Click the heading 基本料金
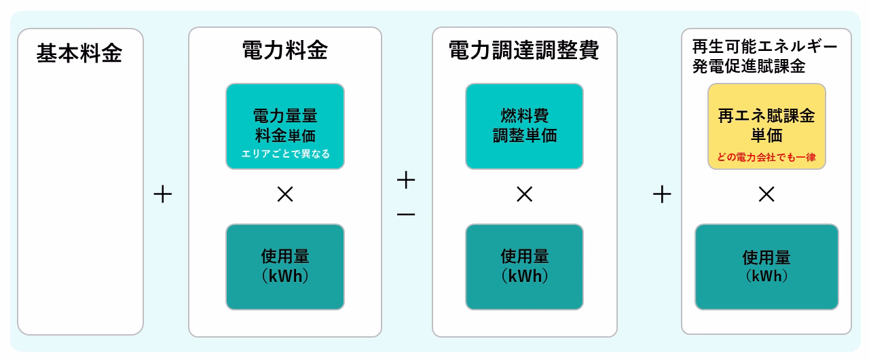click(x=79, y=53)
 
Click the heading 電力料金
click(x=285, y=50)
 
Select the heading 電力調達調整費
click(x=524, y=50)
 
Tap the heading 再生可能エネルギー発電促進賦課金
click(x=764, y=56)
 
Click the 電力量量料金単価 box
click(x=285, y=126)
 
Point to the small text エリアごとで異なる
click(x=286, y=154)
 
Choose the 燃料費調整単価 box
click(x=525, y=126)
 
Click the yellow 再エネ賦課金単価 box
click(x=766, y=126)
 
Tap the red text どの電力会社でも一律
click(x=766, y=157)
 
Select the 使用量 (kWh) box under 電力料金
click(x=285, y=267)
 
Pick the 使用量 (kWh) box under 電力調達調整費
click(x=525, y=267)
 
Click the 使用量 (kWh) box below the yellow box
click(x=766, y=267)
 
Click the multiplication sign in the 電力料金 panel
click(x=285, y=194)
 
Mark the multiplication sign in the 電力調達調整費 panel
click(x=525, y=194)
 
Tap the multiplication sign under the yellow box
click(x=766, y=194)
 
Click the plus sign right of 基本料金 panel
click(x=163, y=194)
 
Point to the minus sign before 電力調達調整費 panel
click(x=406, y=214)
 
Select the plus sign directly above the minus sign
click(x=406, y=180)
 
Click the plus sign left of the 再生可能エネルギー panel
click(x=662, y=194)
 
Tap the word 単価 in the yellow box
click(x=766, y=135)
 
